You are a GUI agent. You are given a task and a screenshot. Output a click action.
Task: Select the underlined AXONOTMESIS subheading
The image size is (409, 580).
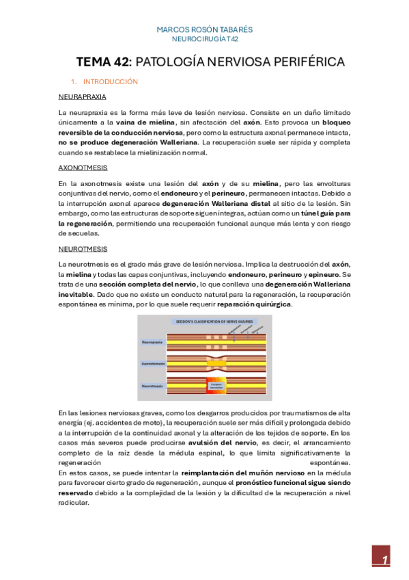(83, 167)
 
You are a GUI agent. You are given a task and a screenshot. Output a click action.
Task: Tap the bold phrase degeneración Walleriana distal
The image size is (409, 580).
(217, 204)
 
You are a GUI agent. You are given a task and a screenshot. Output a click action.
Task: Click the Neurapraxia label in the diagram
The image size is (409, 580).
(152, 341)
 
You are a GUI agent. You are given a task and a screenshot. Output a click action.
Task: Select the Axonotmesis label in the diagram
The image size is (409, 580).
(152, 364)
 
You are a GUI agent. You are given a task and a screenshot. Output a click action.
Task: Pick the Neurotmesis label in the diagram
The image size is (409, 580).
(152, 386)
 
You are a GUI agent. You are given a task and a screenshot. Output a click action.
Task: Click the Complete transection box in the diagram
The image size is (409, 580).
(216, 386)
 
